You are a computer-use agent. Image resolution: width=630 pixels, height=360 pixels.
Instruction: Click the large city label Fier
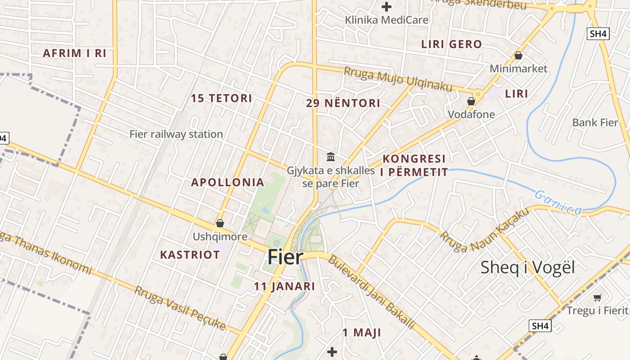tap(286, 257)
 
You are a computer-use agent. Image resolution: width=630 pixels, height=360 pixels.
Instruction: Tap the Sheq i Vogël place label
tap(528, 267)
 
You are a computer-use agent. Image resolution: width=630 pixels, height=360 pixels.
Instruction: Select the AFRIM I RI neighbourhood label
tap(75, 53)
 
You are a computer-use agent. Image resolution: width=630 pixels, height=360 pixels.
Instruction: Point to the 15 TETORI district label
tap(221, 98)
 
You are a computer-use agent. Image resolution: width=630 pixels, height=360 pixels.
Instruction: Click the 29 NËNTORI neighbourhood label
tap(343, 103)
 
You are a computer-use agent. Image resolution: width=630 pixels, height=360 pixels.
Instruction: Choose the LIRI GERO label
tap(451, 44)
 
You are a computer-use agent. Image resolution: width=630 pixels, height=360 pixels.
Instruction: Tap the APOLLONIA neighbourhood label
tap(228, 182)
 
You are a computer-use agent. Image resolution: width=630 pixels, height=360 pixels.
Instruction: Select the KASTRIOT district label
tap(190, 255)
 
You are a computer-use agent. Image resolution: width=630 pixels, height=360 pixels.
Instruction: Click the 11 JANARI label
tap(284, 286)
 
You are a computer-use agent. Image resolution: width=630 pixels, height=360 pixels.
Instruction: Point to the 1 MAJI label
tap(362, 333)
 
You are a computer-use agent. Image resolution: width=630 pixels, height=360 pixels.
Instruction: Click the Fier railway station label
tap(176, 134)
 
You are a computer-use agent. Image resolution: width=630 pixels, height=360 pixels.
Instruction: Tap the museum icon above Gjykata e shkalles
tap(331, 157)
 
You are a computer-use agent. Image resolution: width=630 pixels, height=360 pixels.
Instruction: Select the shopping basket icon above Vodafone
tap(471, 101)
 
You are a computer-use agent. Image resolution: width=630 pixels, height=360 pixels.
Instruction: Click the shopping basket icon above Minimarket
tap(518, 55)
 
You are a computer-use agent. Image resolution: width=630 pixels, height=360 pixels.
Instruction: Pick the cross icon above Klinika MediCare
tap(387, 7)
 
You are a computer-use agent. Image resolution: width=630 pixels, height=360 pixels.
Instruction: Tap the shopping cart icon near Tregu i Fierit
tap(598, 297)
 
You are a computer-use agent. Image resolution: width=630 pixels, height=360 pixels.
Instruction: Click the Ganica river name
tap(558, 202)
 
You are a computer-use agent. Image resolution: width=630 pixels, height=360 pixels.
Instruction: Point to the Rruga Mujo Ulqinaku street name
tap(398, 79)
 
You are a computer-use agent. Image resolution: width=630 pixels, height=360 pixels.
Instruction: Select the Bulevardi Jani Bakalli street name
tap(371, 292)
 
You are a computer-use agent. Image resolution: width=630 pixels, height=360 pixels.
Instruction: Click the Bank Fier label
tap(595, 122)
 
